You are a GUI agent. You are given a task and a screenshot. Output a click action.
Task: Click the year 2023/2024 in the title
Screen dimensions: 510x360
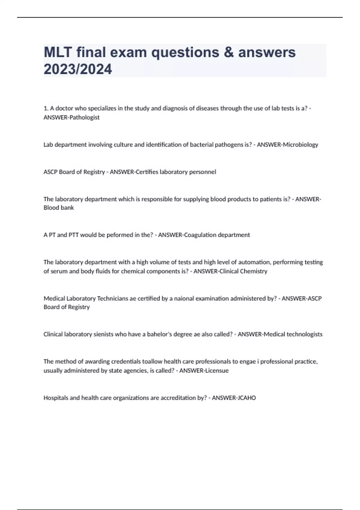coord(78,69)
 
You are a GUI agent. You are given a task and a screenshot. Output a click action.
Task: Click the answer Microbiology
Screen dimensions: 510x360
coord(301,145)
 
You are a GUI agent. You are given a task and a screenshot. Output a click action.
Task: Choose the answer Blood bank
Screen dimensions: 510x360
coord(58,208)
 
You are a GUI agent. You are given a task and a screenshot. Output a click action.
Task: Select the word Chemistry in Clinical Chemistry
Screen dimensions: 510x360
coord(255,271)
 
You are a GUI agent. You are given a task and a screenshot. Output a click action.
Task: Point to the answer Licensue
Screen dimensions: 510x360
coord(217,370)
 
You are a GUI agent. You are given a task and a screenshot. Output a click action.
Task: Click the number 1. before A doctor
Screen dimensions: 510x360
coord(46,109)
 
